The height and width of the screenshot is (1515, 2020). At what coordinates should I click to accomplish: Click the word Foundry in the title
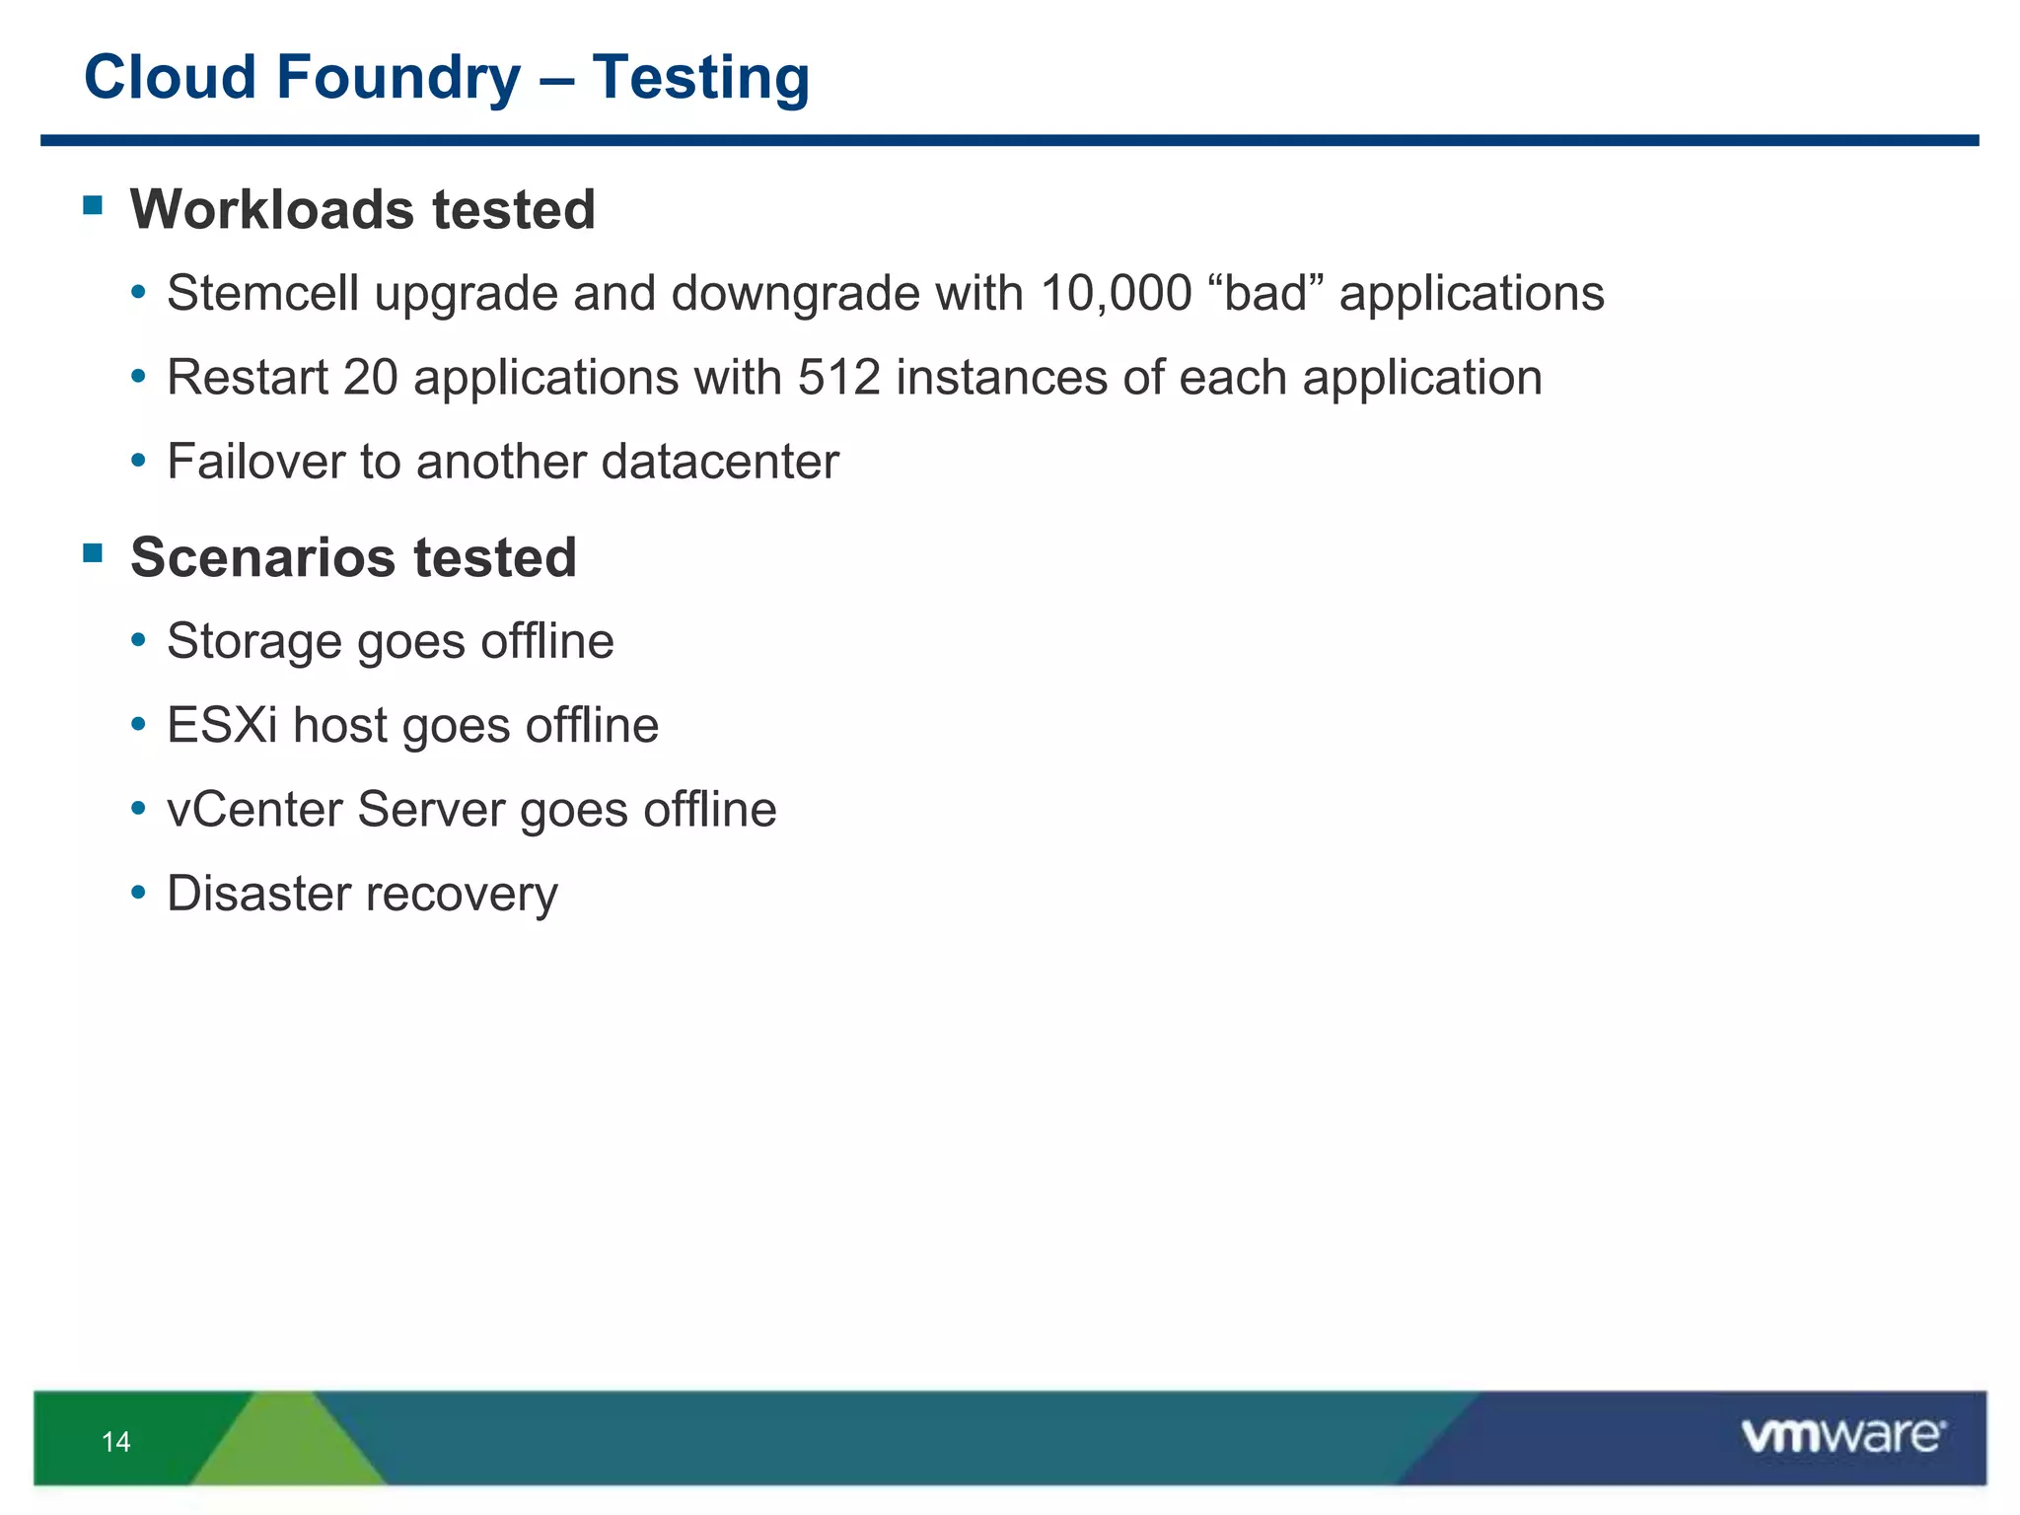[x=398, y=79]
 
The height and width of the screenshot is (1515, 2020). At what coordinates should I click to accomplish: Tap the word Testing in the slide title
[x=700, y=79]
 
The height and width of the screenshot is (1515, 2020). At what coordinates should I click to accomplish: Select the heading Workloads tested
[x=362, y=210]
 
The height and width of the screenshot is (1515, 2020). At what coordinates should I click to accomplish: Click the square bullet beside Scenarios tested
[x=94, y=552]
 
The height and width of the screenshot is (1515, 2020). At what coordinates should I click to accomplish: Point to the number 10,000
[x=1116, y=294]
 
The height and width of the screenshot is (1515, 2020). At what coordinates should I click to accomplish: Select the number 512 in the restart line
[x=838, y=378]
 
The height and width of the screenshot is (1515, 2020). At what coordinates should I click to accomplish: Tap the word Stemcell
[x=262, y=294]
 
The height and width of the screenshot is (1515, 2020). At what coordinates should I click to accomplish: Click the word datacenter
[x=720, y=462]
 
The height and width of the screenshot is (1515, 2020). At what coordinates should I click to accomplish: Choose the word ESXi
[x=222, y=726]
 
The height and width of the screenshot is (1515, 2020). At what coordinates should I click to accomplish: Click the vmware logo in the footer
[x=1842, y=1436]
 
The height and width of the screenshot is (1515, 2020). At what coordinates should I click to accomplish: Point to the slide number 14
[x=115, y=1442]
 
